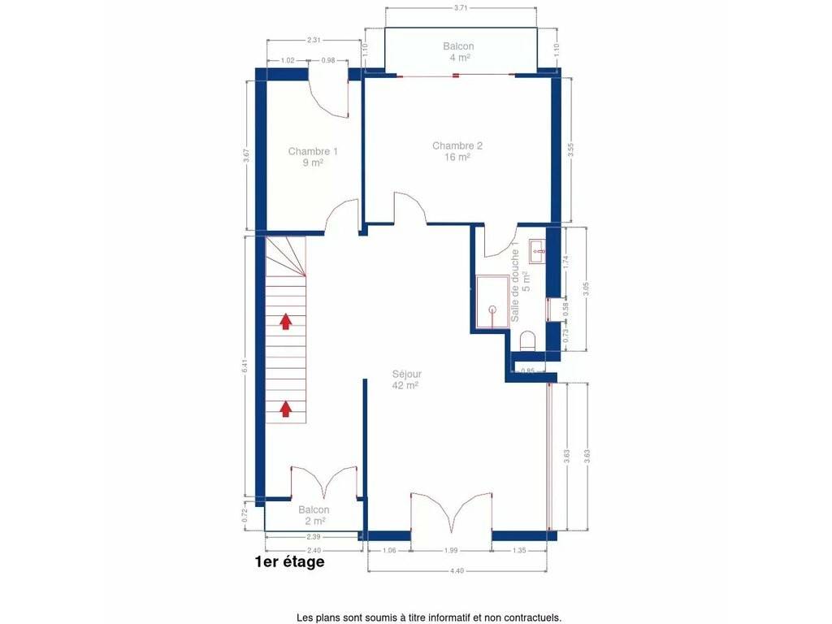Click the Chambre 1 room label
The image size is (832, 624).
[313, 157]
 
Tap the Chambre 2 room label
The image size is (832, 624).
[457, 151]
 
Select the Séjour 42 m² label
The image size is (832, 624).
[406, 379]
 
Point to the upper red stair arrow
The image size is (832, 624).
[285, 321]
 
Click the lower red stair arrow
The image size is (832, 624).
[285, 409]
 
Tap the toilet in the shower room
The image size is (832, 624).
[528, 341]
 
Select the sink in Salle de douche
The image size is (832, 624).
[537, 250]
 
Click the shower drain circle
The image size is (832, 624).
[492, 309]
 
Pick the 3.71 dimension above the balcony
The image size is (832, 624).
[461, 8]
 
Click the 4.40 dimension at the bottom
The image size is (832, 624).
[457, 571]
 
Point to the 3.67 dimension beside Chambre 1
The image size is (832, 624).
[246, 155]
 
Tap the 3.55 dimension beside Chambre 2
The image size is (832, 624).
[571, 149]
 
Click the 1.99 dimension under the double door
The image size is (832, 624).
[451, 550]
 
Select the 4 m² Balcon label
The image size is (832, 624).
[458, 51]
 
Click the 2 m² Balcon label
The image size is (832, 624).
[314, 515]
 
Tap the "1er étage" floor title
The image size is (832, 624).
[290, 561]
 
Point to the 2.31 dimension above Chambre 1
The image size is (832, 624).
[314, 40]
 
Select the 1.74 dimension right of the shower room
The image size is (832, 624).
[565, 261]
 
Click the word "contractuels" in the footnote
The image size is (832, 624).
[531, 617]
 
